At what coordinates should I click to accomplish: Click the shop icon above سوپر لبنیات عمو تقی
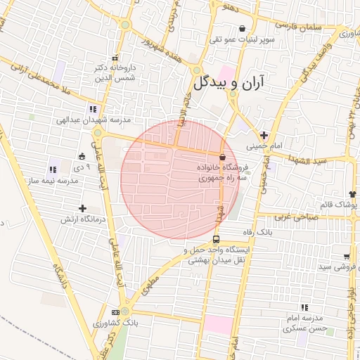click(x=243, y=29)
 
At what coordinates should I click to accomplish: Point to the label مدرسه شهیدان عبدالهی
click(x=94, y=120)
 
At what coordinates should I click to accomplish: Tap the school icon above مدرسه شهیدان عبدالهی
click(x=93, y=109)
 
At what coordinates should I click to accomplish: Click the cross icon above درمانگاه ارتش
click(x=83, y=208)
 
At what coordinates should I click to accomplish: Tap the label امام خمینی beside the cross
click(x=264, y=147)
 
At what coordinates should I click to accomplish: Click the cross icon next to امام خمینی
click(x=264, y=135)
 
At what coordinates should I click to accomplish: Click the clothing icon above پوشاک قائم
click(x=352, y=193)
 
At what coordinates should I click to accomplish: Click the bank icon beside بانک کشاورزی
click(x=115, y=311)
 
